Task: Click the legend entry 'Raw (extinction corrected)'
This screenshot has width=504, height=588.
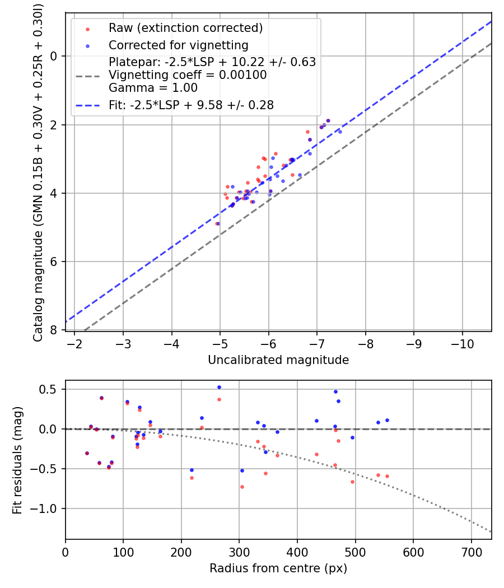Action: click(185, 28)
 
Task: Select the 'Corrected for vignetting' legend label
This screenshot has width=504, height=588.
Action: click(178, 45)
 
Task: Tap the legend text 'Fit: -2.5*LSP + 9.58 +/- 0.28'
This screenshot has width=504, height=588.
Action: click(191, 105)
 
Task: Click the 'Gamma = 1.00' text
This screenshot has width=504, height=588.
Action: click(153, 88)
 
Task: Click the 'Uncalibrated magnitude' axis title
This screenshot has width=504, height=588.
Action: click(278, 360)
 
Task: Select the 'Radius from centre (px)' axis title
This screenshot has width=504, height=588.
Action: click(278, 568)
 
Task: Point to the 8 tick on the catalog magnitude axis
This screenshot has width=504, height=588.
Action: click(54, 330)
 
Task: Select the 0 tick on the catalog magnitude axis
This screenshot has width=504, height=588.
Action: click(54, 56)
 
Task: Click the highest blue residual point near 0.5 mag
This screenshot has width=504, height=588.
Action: click(219, 387)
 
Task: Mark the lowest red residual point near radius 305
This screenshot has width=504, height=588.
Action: click(242, 487)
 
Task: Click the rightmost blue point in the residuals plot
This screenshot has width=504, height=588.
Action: click(387, 420)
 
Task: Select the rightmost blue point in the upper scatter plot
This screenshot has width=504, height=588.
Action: click(340, 132)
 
